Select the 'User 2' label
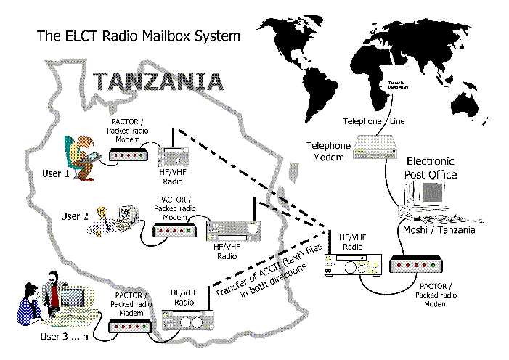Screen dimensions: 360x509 tap(74, 216)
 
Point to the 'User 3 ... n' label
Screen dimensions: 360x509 tap(65, 338)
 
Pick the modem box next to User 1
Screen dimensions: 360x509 tap(129, 155)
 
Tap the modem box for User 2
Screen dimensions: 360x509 tap(175, 231)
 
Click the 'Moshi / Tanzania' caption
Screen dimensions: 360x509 tap(439, 230)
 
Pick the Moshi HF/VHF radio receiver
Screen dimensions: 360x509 tap(352, 266)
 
